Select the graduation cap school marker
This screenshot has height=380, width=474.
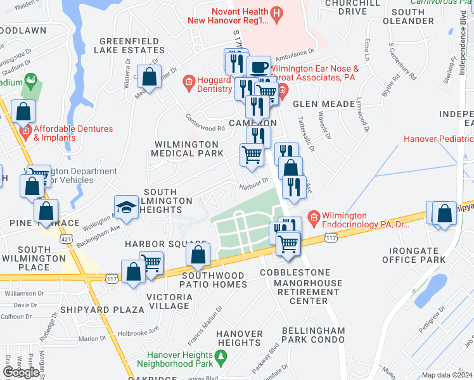pyautogui.click(x=127, y=206)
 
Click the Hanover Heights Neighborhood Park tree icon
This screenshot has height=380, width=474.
pyautogui.click(x=221, y=359)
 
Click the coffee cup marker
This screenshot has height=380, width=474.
pyautogui.click(x=258, y=67)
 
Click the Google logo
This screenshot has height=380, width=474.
pyautogui.click(x=21, y=372)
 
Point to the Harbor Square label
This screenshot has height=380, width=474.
pyautogui.click(x=166, y=244)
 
